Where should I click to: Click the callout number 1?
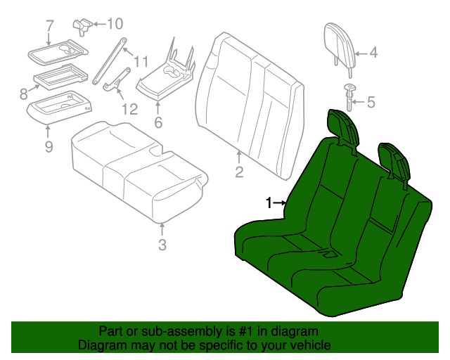pos(269,202)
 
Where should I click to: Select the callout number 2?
pos(239,172)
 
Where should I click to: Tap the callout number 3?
pos(162,245)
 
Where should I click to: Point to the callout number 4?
pos(373,52)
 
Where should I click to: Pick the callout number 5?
pos(371,102)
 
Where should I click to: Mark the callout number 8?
pos(24,93)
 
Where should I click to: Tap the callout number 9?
pos(49,146)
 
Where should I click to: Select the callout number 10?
pos(114,23)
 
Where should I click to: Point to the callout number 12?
pos(129,109)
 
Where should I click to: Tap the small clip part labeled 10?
pos(83,25)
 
